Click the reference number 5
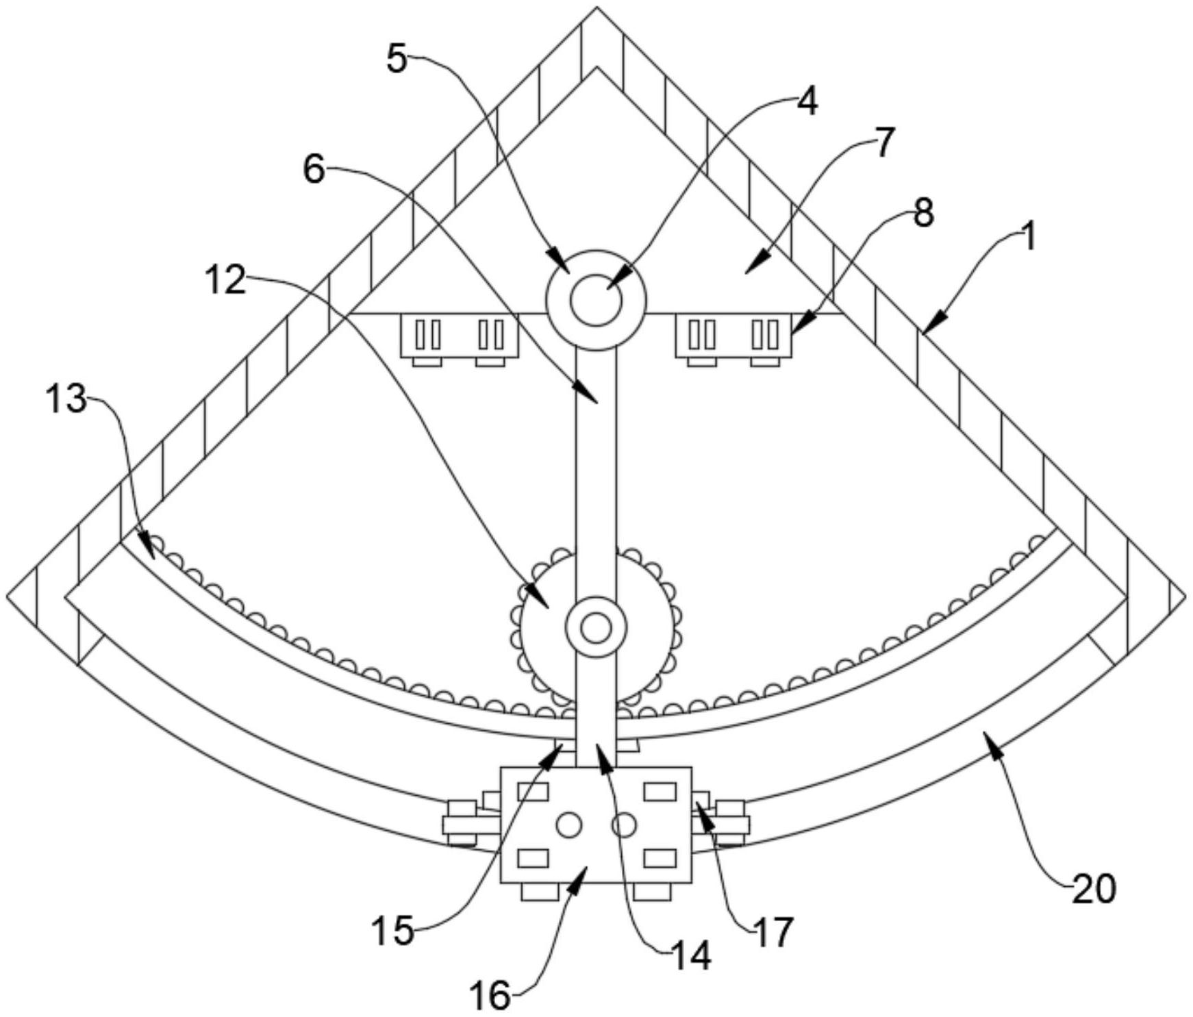397,59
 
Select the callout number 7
884,143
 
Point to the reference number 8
923,213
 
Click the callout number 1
1027,239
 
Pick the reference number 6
314,169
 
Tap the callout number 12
225,280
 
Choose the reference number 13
66,399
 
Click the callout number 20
1094,889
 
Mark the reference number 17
773,932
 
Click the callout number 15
393,931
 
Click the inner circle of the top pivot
596,301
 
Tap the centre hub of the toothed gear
596,627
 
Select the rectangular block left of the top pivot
460,335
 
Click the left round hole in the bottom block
568,825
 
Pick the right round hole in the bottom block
624,825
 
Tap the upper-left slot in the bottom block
533,792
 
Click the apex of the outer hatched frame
596,10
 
